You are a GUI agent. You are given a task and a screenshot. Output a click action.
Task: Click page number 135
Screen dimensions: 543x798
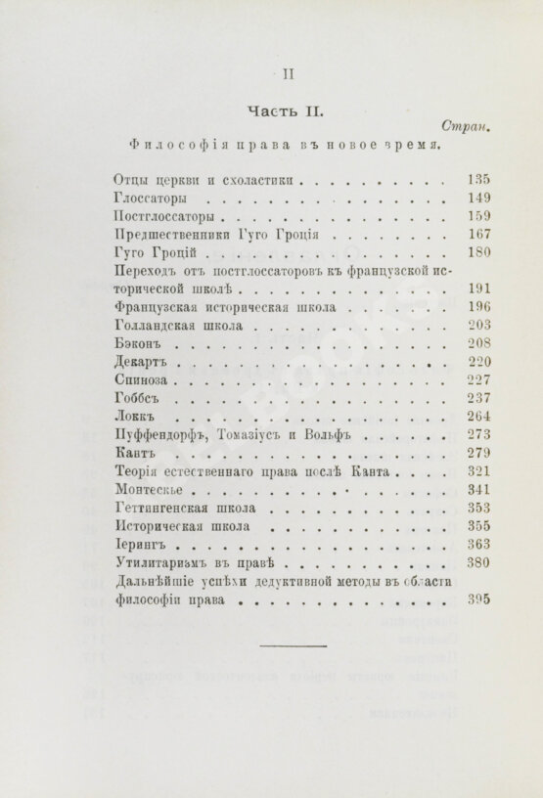[x=478, y=180]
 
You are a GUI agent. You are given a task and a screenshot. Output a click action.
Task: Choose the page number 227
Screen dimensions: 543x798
[x=478, y=381]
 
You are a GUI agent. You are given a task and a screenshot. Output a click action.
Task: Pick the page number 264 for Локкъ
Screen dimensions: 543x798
[x=478, y=418]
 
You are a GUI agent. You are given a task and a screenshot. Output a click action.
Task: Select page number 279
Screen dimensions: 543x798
[x=478, y=455]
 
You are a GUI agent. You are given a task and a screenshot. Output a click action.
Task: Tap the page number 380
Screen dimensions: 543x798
[x=478, y=564]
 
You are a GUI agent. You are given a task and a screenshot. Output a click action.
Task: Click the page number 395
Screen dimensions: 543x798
[x=478, y=601]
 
